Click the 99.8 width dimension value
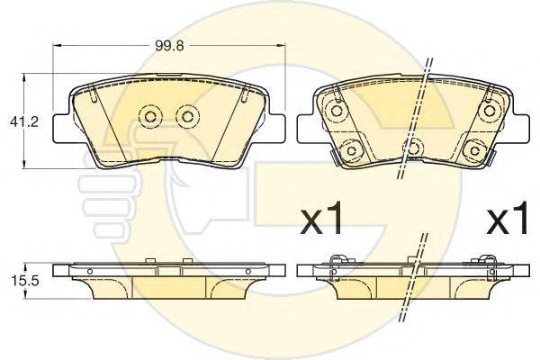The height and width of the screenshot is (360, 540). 169,46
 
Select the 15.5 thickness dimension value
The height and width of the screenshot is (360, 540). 21,281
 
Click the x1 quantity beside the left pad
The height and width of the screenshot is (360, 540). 321,218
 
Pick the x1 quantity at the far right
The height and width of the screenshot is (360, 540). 507,218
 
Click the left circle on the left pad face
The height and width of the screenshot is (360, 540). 150,116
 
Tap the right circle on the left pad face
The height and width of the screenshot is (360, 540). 187,116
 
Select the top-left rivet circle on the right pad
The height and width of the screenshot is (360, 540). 336,111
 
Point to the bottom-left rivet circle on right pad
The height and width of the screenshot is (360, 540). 351,150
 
